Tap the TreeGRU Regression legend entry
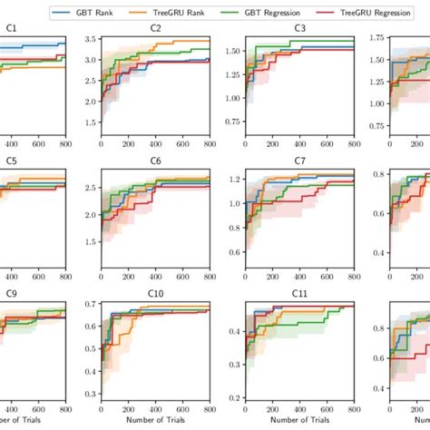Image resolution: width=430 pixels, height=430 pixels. coord(372,13)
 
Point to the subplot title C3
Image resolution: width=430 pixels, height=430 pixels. coord(298,30)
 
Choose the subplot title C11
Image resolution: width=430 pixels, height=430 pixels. coord(298,294)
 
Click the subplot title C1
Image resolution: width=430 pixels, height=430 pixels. coord(11,30)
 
